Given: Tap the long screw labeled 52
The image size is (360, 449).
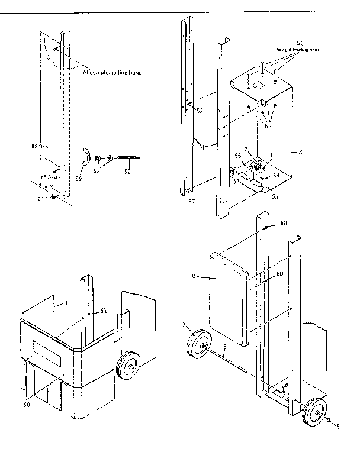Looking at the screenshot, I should coord(128,158).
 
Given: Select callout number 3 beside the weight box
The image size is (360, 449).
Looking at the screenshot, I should coord(300,152).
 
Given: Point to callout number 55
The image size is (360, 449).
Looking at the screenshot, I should coord(237,155).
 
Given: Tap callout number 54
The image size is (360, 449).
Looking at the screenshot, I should coord(276,176).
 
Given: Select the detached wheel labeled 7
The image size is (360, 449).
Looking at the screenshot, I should coord(195,345).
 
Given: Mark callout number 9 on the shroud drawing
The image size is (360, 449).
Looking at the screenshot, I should coord(65,303).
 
